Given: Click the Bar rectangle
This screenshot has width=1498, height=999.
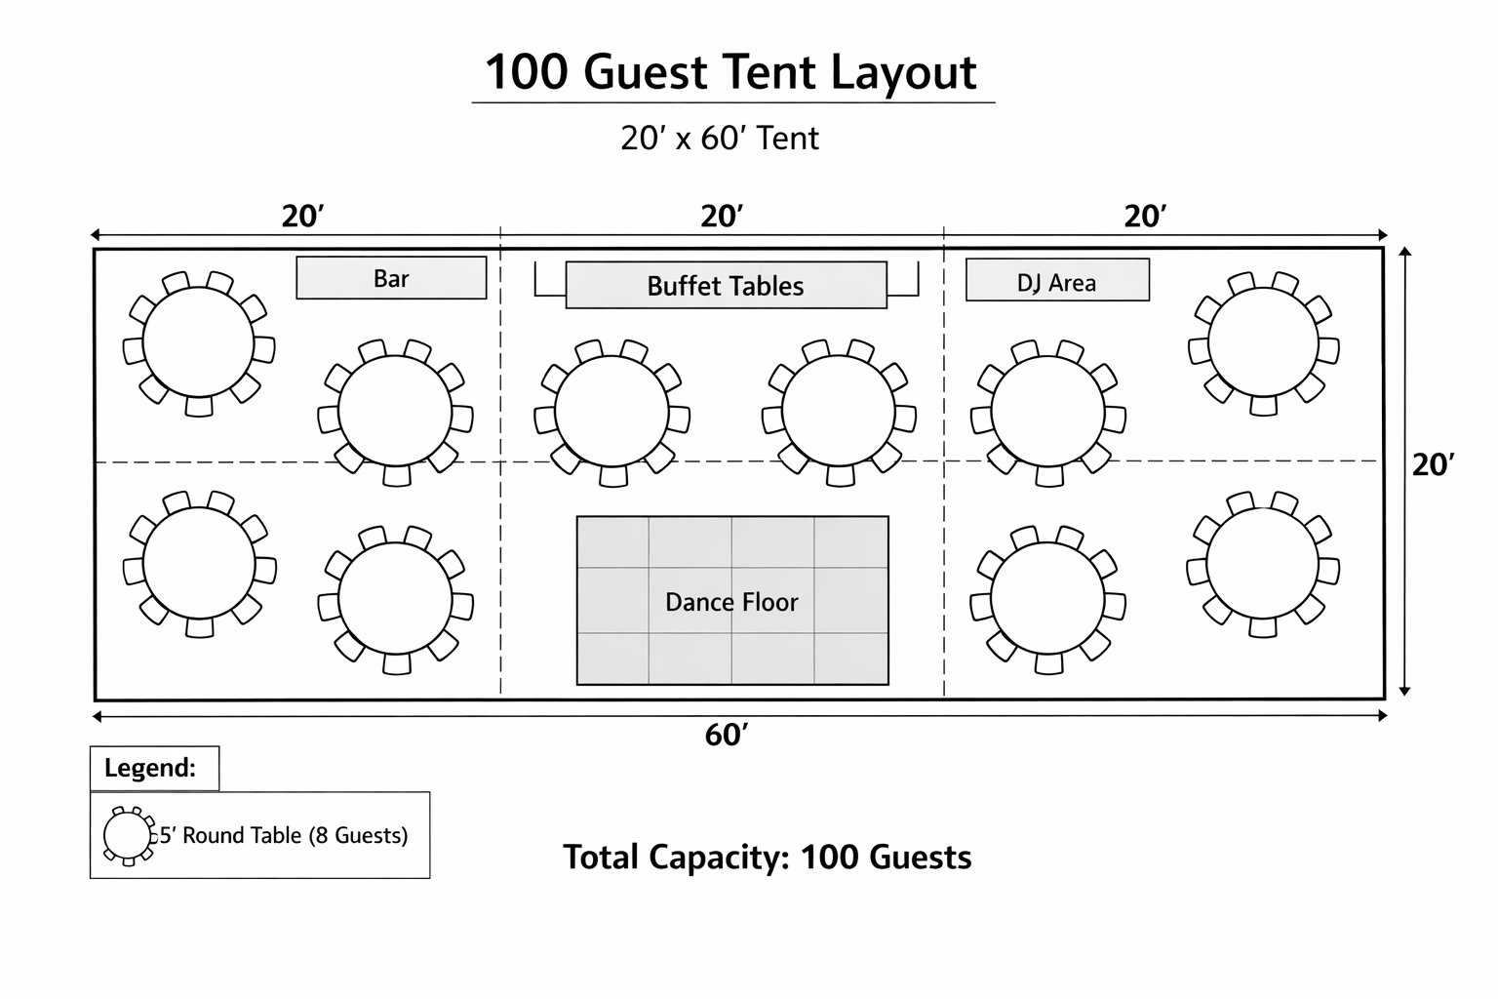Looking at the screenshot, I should tap(391, 278).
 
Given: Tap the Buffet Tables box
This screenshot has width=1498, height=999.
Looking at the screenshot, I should tap(726, 285).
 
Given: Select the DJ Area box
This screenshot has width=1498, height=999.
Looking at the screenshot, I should tap(1057, 281).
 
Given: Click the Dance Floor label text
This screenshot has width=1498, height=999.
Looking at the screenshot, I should tap(731, 602).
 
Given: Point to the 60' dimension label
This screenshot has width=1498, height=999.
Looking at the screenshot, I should tap(727, 735).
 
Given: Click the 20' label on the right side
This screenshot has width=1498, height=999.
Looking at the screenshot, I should tap(1433, 465).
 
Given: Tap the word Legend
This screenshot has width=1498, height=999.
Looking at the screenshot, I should tap(150, 768).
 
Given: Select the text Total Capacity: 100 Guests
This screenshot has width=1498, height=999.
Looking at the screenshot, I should tap(768, 858).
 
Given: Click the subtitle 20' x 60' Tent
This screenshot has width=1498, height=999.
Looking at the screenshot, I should tap(720, 139).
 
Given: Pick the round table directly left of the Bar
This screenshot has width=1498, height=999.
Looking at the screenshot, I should tap(199, 343).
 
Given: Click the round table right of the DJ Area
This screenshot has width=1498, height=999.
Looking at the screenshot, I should tap(1263, 343).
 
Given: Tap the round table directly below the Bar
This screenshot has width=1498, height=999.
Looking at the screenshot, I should tap(395, 412).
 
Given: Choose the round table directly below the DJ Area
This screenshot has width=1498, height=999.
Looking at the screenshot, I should tap(1047, 412).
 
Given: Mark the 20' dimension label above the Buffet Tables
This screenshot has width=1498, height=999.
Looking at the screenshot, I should tap(723, 216).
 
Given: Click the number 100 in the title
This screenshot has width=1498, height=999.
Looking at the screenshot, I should tap(521, 73).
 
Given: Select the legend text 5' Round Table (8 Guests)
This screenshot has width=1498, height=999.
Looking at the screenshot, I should tap(284, 836).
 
